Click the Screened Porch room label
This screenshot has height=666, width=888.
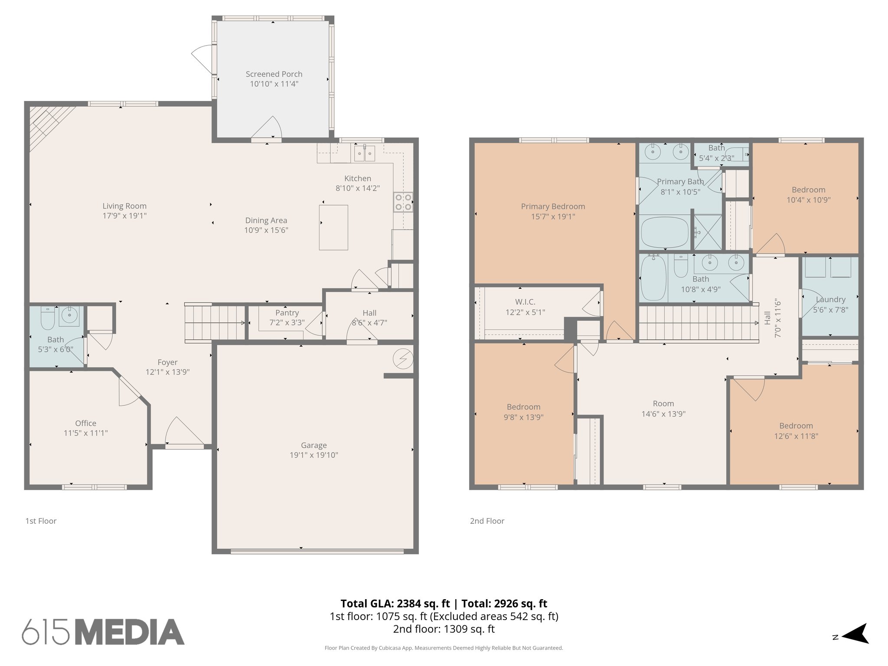pyautogui.click(x=274, y=74)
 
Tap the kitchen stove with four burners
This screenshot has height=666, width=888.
pyautogui.click(x=403, y=202)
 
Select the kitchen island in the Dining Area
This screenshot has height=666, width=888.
pyautogui.click(x=333, y=228)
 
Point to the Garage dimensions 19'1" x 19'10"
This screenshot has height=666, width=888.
pyautogui.click(x=313, y=455)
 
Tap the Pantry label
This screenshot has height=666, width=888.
pyautogui.click(x=287, y=313)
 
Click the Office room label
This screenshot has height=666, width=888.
pyautogui.click(x=85, y=423)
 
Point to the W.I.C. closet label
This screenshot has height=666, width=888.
pyautogui.click(x=525, y=302)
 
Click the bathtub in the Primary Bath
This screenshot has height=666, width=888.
pyautogui.click(x=664, y=232)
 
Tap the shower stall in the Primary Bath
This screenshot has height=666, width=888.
pyautogui.click(x=707, y=232)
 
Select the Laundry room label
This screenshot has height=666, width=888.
pyautogui.click(x=830, y=299)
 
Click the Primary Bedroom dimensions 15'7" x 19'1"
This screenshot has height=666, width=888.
pyautogui.click(x=553, y=217)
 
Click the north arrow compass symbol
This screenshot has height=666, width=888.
pyautogui.click(x=854, y=637)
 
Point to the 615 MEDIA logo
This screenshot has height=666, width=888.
pyautogui.click(x=103, y=632)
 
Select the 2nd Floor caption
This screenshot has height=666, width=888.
pyautogui.click(x=487, y=521)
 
